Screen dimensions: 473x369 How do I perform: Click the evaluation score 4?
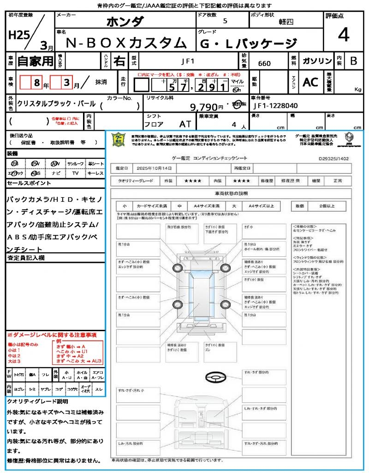coord(343,35)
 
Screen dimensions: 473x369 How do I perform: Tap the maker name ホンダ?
coord(125,22)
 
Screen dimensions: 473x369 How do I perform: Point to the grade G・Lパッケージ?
coord(249,43)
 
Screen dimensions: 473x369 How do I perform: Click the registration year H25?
coord(18,35)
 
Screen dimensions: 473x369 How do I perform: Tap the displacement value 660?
coord(264,63)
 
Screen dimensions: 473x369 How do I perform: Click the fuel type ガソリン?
coord(317,61)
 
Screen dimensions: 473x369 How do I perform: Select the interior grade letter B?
coord(353,61)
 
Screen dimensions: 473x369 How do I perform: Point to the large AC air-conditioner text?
coord(310,82)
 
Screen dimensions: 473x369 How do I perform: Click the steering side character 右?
coord(120,61)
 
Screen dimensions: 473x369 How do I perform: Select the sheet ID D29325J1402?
coord(333,158)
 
